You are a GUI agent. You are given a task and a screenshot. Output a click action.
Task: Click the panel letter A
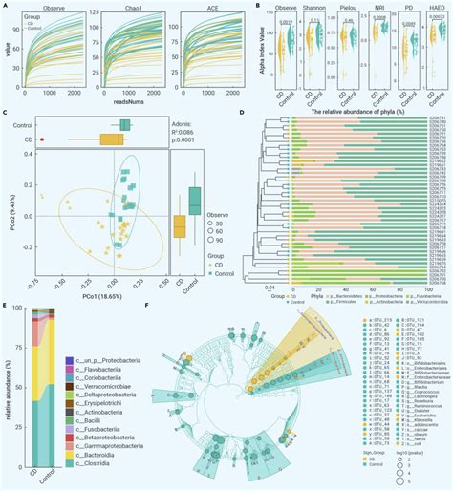pyautogui.click(x=6, y=6)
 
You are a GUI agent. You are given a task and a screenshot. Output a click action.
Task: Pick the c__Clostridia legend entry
pyautogui.click(x=97, y=452)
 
